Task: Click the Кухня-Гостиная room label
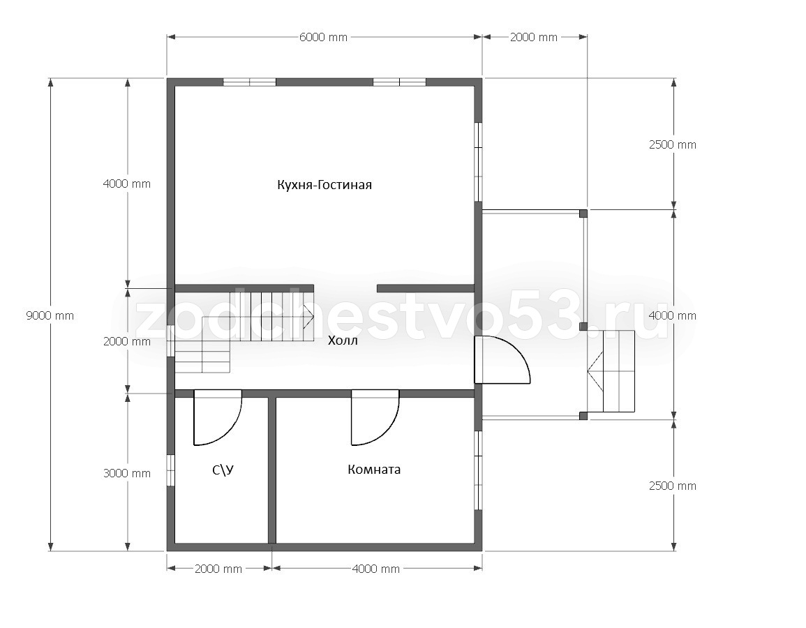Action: (324, 184)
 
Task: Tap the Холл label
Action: (343, 341)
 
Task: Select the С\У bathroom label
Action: (223, 470)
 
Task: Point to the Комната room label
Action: (374, 469)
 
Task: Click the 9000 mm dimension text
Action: (50, 315)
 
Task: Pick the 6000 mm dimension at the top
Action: (323, 37)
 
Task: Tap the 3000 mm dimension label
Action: (127, 473)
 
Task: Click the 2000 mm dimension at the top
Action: (534, 37)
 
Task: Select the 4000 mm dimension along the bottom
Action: (375, 569)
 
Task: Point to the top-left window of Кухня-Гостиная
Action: (249, 82)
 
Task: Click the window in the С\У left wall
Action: (171, 470)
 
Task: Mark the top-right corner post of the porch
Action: (583, 214)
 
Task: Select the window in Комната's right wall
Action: (478, 470)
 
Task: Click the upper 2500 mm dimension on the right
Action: (672, 145)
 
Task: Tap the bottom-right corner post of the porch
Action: (583, 416)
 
